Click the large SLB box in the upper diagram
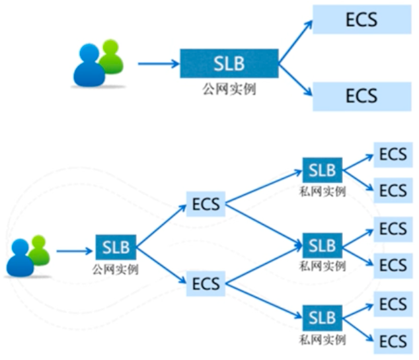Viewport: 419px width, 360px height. tap(229, 63)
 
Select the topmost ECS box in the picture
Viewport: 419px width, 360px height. tap(361, 19)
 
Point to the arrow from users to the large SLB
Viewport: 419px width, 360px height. tap(159, 64)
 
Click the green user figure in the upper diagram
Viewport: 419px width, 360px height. tap(110, 56)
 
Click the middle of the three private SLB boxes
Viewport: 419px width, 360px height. tap(322, 246)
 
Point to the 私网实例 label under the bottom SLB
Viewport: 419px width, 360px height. tap(322, 340)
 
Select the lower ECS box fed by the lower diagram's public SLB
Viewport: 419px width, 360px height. tap(206, 285)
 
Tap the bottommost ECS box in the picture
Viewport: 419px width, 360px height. tap(393, 342)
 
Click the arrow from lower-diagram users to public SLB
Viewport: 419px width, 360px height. tap(74, 251)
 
